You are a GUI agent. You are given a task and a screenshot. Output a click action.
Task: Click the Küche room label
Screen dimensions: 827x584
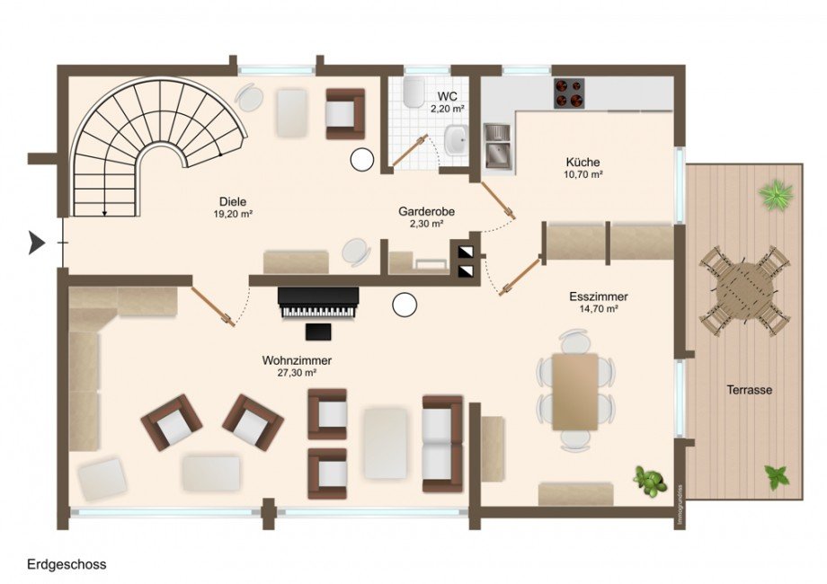(582, 163)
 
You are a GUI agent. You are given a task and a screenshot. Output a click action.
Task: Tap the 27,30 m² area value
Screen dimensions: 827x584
(297, 373)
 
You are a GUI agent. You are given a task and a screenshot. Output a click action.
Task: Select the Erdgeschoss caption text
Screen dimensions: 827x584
(67, 564)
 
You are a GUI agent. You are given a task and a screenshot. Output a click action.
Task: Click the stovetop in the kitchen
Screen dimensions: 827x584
(569, 93)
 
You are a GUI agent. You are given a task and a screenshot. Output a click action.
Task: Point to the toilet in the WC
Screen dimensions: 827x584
(413, 90)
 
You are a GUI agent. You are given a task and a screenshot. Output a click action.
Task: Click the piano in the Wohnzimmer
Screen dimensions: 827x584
(318, 303)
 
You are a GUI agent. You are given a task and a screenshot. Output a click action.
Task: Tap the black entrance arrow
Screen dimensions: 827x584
(36, 243)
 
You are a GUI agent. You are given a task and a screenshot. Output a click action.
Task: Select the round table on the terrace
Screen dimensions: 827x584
(744, 289)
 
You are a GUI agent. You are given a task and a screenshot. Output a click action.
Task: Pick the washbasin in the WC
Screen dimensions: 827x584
(455, 140)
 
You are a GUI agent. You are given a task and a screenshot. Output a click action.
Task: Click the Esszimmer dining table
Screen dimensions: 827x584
(575, 392)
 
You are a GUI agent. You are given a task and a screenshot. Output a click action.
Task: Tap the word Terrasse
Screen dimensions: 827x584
(750, 390)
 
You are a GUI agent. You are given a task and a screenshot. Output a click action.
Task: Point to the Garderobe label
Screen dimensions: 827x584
(427, 212)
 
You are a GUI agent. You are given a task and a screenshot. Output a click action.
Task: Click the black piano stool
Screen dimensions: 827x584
(318, 332)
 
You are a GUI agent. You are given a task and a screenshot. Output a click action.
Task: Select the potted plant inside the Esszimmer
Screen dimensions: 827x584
(649, 480)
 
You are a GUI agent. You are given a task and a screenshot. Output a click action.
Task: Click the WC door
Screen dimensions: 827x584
(410, 150)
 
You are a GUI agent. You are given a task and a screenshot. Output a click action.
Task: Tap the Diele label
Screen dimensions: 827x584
(233, 202)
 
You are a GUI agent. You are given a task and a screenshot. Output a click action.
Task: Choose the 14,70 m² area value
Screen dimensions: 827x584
(599, 309)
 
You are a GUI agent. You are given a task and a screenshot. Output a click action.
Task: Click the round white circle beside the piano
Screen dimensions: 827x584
(405, 305)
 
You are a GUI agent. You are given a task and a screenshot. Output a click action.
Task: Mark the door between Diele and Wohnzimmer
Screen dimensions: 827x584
(213, 307)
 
